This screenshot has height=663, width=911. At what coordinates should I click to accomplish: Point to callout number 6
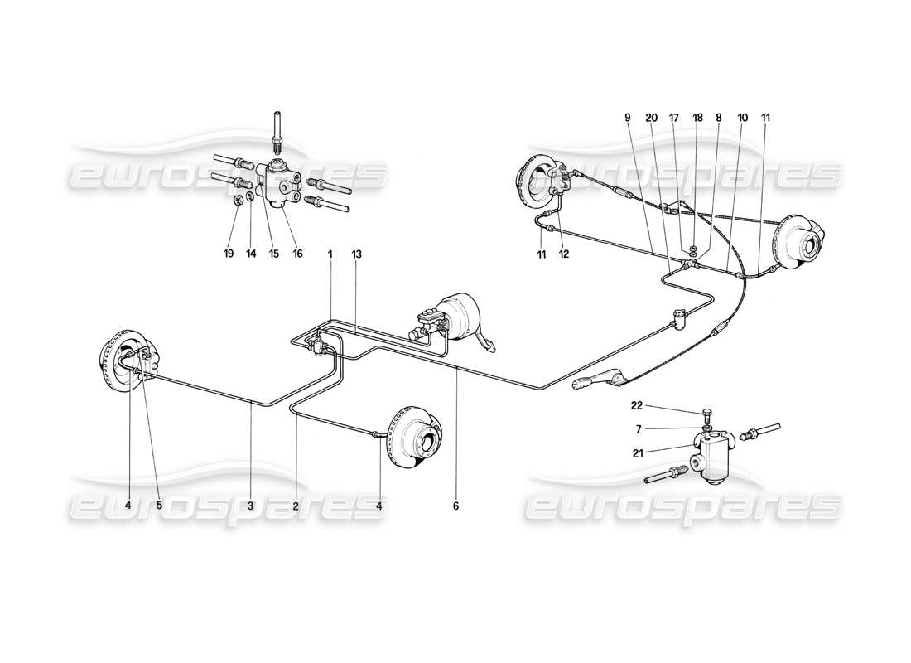pyautogui.click(x=455, y=505)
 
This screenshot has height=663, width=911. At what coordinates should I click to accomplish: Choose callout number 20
pyautogui.click(x=651, y=118)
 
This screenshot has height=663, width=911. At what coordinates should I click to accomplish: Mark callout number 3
pyautogui.click(x=251, y=505)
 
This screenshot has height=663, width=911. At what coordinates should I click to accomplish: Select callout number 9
pyautogui.click(x=628, y=118)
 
